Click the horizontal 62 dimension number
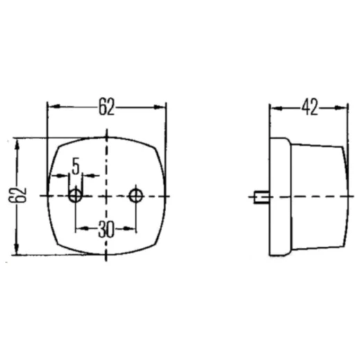click(x=107, y=107)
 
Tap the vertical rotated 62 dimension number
click(x=17, y=195)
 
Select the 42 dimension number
click(x=309, y=107)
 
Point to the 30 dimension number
click(x=106, y=229)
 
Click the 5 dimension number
click(x=75, y=166)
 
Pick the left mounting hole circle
click(x=75, y=196)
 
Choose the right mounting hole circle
click(x=136, y=196)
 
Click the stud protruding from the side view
click(x=262, y=197)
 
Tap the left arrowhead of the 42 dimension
click(x=276, y=108)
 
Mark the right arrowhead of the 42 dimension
click(x=341, y=107)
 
